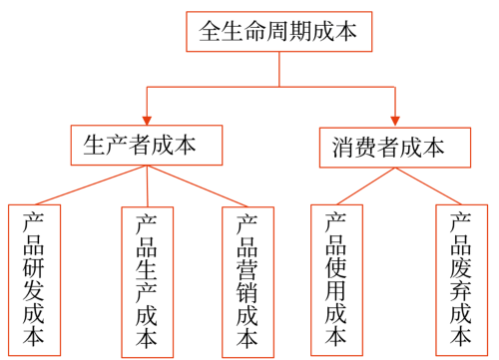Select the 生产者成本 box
(139, 146)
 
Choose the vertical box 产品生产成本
(147, 281)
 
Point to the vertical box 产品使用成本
(336, 279)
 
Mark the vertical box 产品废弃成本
(461, 279)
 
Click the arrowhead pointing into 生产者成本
(148, 117)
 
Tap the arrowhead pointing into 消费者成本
(396, 118)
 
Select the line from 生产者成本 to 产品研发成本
(90, 185)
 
